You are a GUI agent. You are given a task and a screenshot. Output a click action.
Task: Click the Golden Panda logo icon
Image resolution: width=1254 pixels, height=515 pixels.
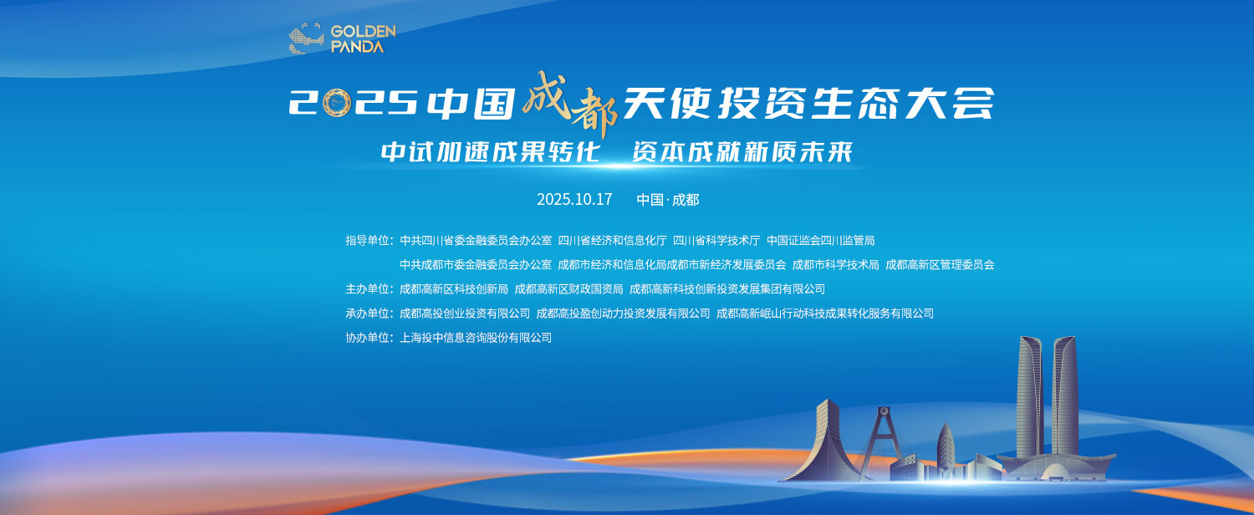coord(306,39)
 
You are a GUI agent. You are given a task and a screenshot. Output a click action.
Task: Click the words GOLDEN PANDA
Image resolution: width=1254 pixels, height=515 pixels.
coord(362,39)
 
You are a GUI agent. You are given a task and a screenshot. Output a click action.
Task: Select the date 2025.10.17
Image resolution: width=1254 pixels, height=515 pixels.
coord(574,200)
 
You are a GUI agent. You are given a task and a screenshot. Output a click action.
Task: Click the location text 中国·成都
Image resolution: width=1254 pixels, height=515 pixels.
coord(667,200)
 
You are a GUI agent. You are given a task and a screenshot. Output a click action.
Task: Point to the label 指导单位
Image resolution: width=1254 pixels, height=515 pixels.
coord(369,241)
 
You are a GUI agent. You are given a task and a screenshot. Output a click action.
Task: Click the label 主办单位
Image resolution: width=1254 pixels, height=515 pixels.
coord(369,289)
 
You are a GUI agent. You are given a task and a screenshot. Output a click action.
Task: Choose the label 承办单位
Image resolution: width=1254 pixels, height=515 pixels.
coord(369,314)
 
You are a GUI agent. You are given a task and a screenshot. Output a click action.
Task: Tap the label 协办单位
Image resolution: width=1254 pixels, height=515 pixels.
coord(369,338)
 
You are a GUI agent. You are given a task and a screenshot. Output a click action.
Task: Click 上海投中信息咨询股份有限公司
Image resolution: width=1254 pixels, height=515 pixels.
coord(476,338)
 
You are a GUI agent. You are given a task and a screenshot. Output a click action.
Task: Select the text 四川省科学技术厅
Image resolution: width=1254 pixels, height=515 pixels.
coord(716,241)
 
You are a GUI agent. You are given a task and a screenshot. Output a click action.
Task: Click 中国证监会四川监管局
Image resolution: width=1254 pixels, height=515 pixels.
coord(820,241)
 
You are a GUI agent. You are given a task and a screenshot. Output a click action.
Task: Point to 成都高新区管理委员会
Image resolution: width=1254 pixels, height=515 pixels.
coord(940,265)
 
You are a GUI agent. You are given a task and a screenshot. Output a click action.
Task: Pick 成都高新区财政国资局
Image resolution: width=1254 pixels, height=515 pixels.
coord(568,289)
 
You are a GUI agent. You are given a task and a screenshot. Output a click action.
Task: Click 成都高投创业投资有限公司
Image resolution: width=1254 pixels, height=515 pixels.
coord(465,314)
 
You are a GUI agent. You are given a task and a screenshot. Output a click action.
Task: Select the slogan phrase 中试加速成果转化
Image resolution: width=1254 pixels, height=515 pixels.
coord(491,152)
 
